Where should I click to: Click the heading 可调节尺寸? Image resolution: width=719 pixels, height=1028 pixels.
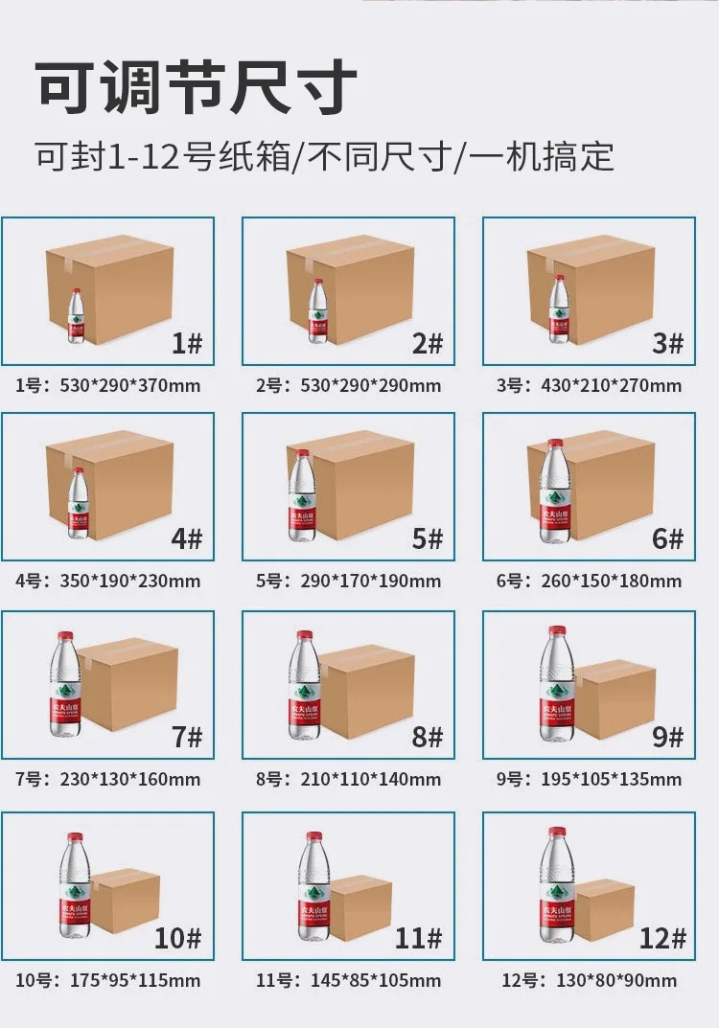[197, 88]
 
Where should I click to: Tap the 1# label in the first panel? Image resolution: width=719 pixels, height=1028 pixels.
[186, 343]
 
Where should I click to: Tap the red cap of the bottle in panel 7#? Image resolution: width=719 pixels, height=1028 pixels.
[65, 636]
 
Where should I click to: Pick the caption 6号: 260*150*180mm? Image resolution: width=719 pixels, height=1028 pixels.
[590, 581]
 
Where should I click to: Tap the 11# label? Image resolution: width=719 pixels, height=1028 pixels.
[418, 938]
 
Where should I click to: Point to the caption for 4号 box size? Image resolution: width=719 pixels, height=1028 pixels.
[108, 581]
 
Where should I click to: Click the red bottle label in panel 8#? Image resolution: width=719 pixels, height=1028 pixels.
[304, 709]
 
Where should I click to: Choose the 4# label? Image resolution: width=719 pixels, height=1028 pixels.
[186, 538]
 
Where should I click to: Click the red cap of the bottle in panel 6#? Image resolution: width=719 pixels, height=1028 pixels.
[555, 445]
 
